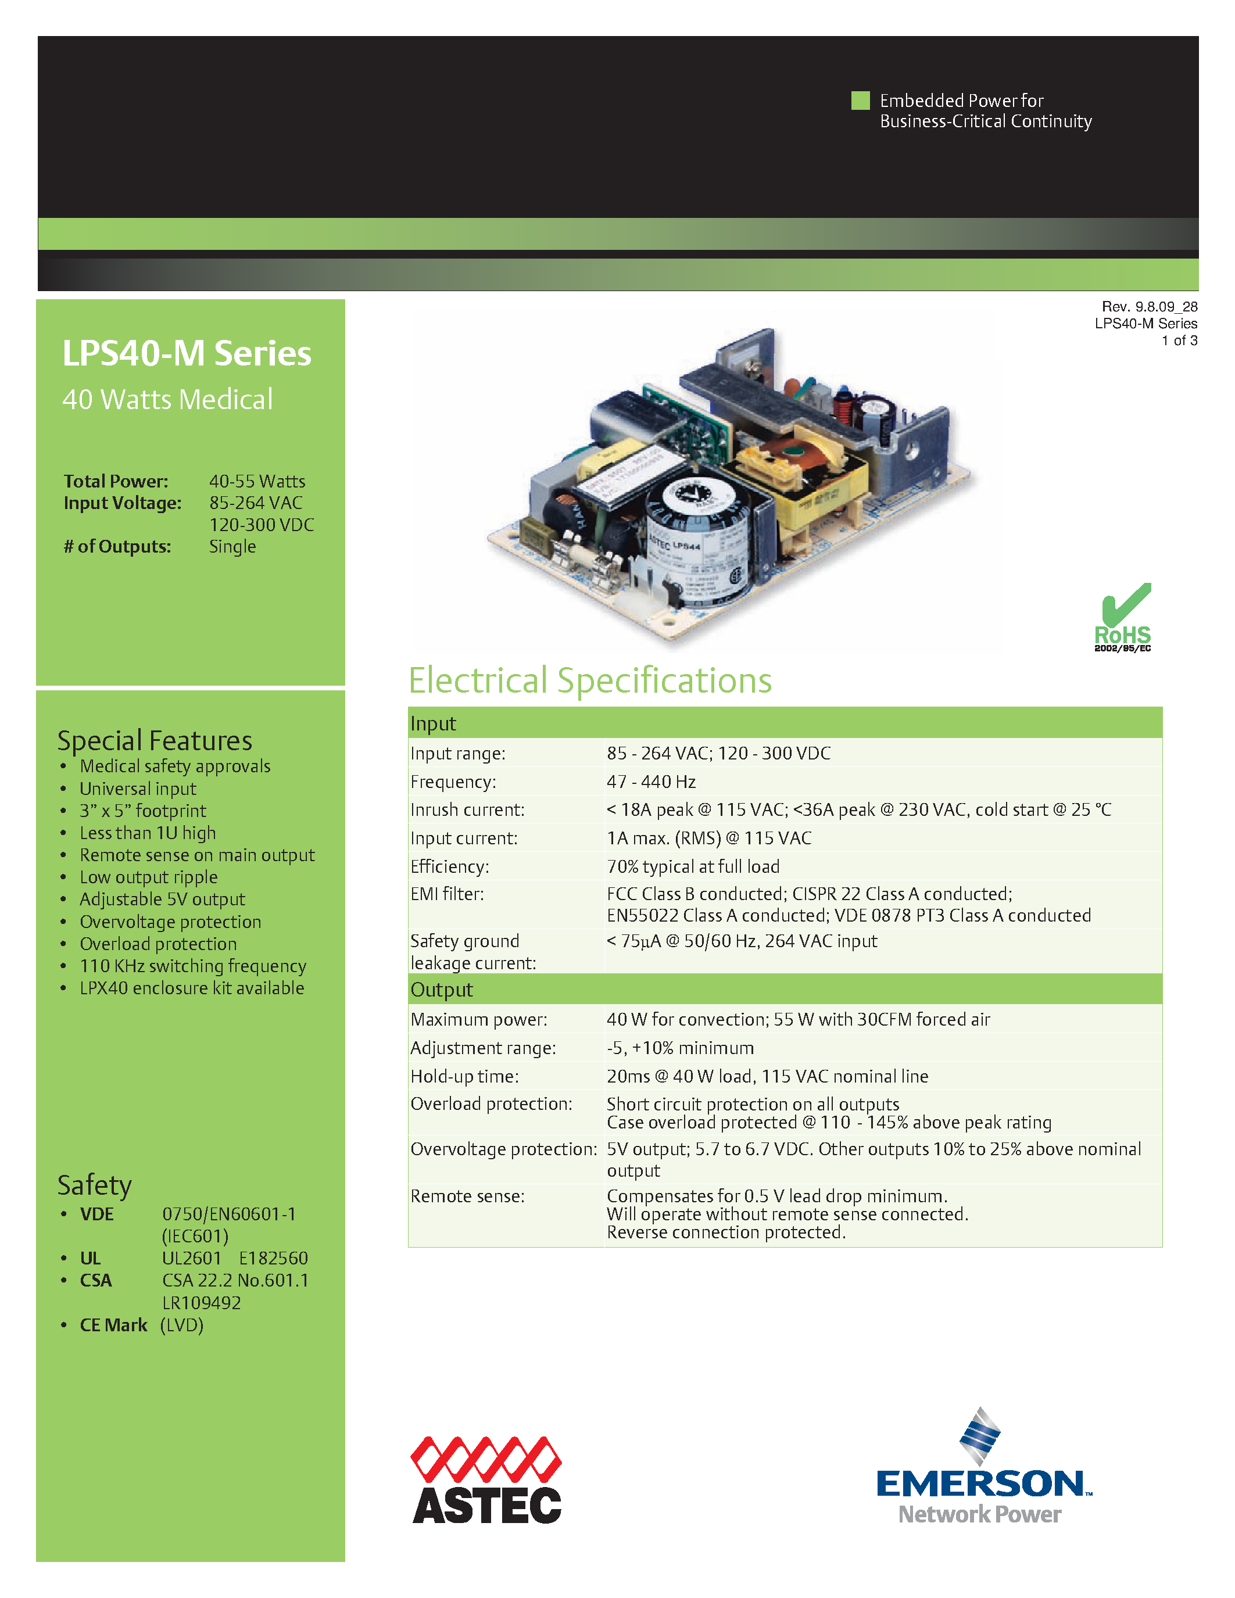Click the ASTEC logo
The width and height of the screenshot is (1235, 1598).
(486, 1479)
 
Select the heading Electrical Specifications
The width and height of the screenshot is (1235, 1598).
(590, 680)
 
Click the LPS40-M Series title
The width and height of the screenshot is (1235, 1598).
(187, 353)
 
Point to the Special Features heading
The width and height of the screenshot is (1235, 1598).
(155, 740)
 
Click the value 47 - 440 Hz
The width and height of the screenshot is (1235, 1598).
(650, 782)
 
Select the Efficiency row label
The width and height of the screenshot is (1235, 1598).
(449, 866)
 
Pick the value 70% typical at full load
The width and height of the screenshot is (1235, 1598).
(692, 866)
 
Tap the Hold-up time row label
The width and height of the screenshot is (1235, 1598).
(464, 1076)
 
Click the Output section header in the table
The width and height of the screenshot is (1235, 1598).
(442, 989)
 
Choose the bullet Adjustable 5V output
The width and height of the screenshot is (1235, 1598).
(162, 900)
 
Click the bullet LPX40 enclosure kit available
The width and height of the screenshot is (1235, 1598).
(192, 988)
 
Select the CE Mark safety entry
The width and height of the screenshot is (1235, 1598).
(113, 1325)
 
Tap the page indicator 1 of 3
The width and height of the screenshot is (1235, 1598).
(1179, 341)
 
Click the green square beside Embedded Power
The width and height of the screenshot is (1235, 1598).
(860, 101)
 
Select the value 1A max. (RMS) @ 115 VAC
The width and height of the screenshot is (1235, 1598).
(708, 838)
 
